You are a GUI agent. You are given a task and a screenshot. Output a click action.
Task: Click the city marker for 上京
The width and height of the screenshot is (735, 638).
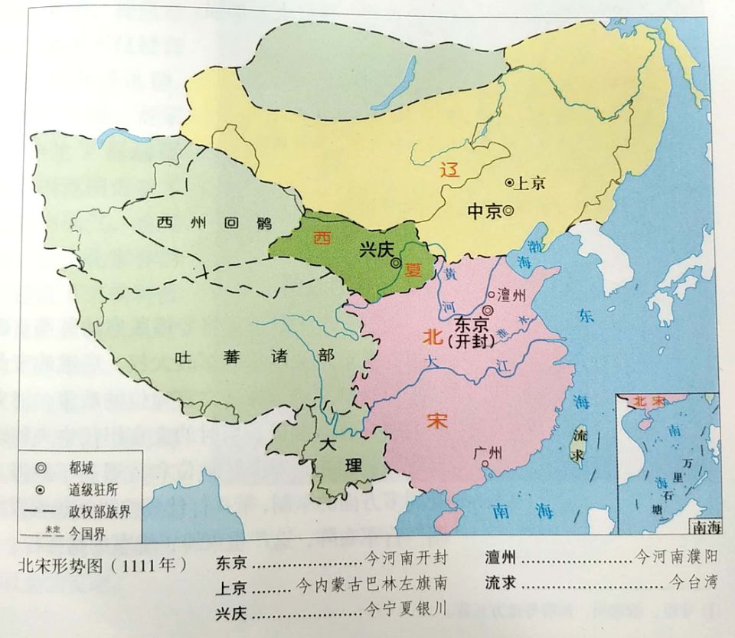point(509,182)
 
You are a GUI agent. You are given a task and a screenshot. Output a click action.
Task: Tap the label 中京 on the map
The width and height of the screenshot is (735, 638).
point(484,211)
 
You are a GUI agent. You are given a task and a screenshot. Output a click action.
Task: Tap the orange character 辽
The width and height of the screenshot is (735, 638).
point(450,170)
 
